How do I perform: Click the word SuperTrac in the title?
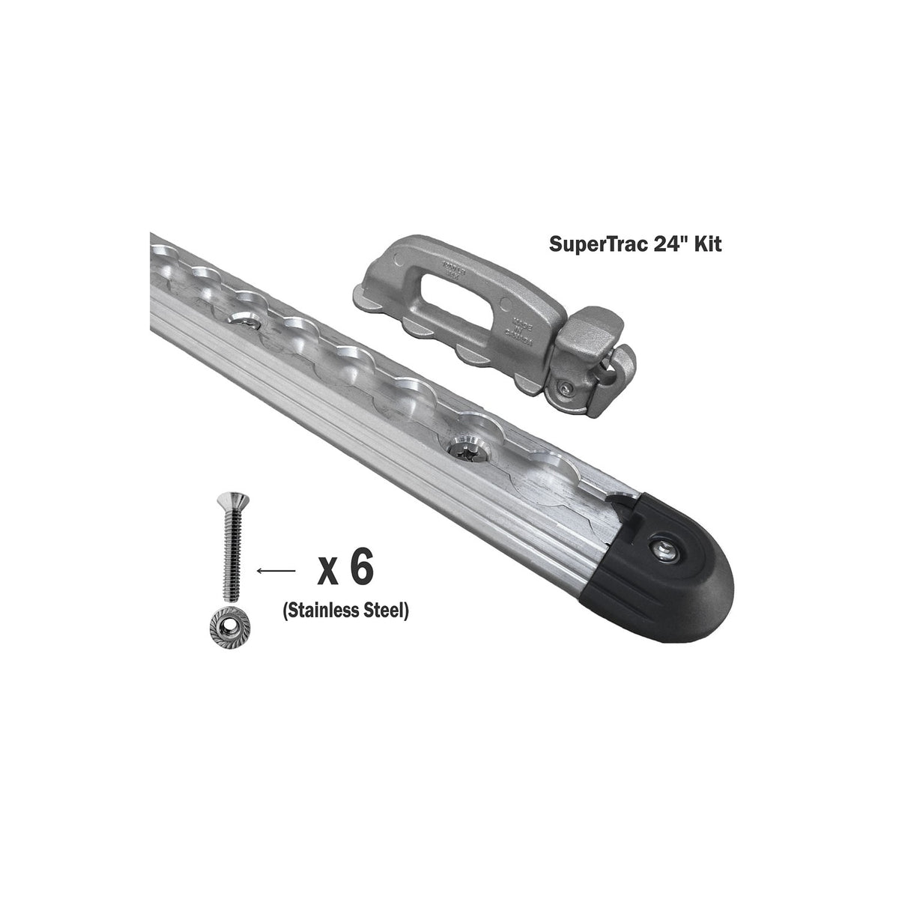(x=585, y=244)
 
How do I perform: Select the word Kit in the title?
(x=702, y=244)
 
